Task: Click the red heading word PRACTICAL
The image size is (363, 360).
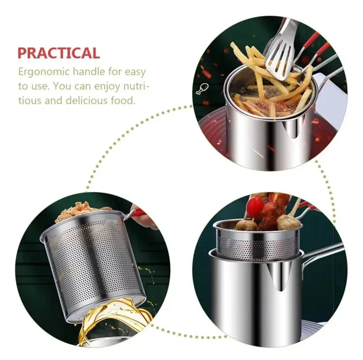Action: tap(59, 53)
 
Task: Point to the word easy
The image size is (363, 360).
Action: tap(134, 72)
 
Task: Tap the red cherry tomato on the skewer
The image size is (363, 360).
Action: tap(255, 207)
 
